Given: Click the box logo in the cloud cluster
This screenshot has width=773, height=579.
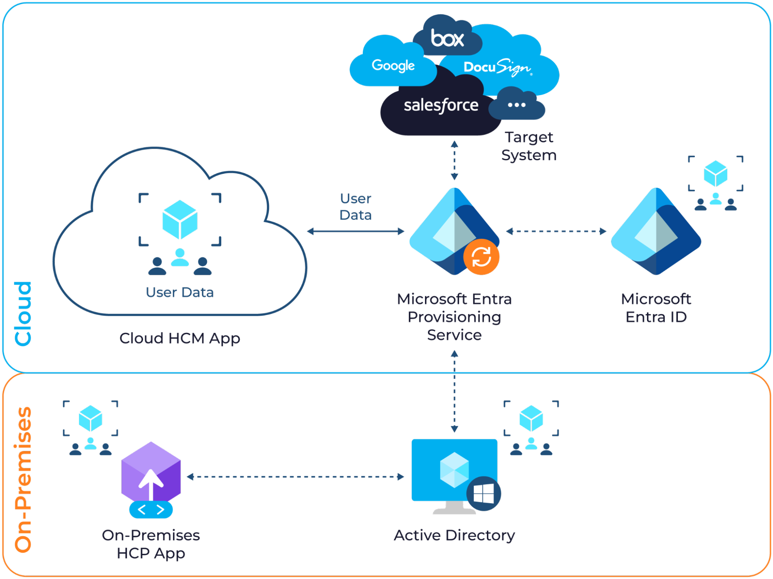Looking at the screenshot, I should pos(447,38).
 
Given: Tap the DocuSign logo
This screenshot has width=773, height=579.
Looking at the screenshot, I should pos(497,67).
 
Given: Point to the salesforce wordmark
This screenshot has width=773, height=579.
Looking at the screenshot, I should pos(441,105).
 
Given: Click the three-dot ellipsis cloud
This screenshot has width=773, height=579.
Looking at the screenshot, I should pos(517,105).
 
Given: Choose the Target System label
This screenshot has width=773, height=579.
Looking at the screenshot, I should pos(529,146).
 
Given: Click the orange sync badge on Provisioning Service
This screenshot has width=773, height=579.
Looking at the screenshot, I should pos(481,257).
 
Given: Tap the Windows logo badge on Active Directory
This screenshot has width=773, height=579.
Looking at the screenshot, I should pos(484,493).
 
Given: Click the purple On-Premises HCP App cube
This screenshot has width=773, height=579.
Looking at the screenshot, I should pos(151,472).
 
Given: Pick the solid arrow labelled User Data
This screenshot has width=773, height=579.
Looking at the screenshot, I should pos(356,231).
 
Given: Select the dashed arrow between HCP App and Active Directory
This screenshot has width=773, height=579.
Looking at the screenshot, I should pos(295,477).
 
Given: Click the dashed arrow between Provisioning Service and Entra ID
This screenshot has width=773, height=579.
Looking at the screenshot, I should pos(556,231).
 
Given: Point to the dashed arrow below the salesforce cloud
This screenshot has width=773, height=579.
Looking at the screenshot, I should pos(455,161).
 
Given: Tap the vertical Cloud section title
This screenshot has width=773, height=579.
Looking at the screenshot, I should pos(23,313).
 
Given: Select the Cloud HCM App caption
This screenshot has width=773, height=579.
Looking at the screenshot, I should pos(180,339).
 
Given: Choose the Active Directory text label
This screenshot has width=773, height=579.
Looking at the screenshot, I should pos(454,536).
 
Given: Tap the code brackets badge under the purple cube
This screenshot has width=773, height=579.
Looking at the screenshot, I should pos(151,510).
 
